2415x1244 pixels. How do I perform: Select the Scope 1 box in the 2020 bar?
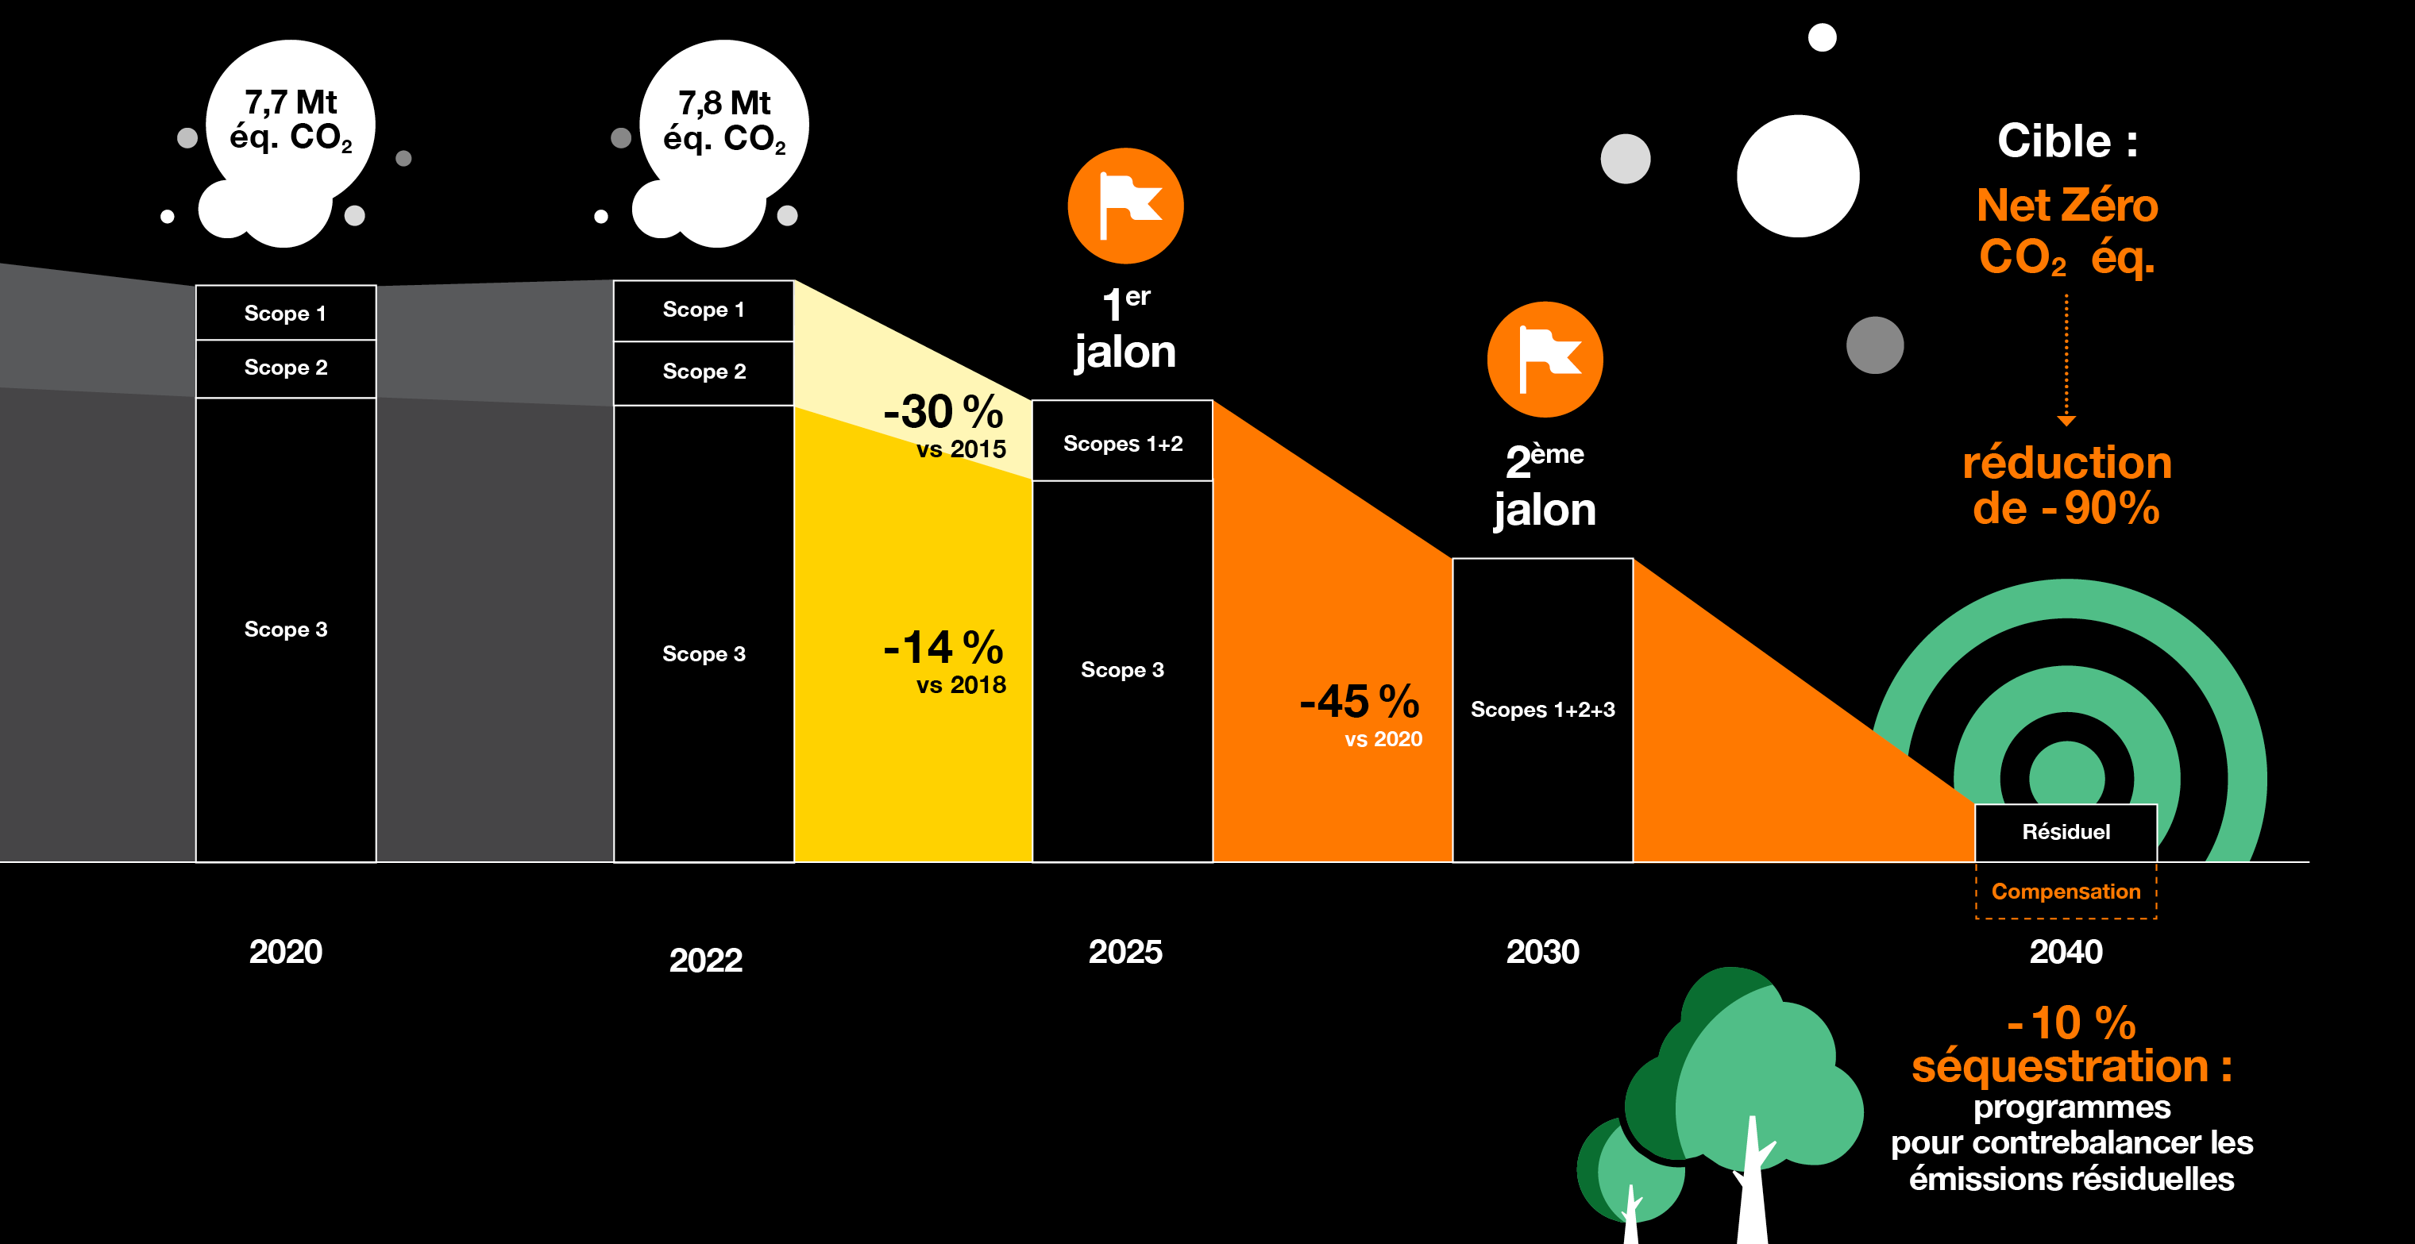click(286, 312)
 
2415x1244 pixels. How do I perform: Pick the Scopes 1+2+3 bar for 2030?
click(1542, 710)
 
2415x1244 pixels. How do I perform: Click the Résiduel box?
click(2066, 831)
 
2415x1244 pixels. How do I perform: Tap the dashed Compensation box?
click(2066, 891)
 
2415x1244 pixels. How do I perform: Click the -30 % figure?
click(943, 413)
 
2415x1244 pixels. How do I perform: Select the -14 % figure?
click(943, 648)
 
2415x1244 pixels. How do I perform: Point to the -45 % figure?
click(1359, 702)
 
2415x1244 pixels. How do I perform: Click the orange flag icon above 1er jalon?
click(1125, 206)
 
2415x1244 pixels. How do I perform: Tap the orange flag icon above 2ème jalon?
click(1544, 359)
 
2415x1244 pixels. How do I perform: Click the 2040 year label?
click(2066, 952)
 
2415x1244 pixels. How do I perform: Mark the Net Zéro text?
click(2066, 206)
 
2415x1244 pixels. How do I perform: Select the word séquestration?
click(2060, 1067)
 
